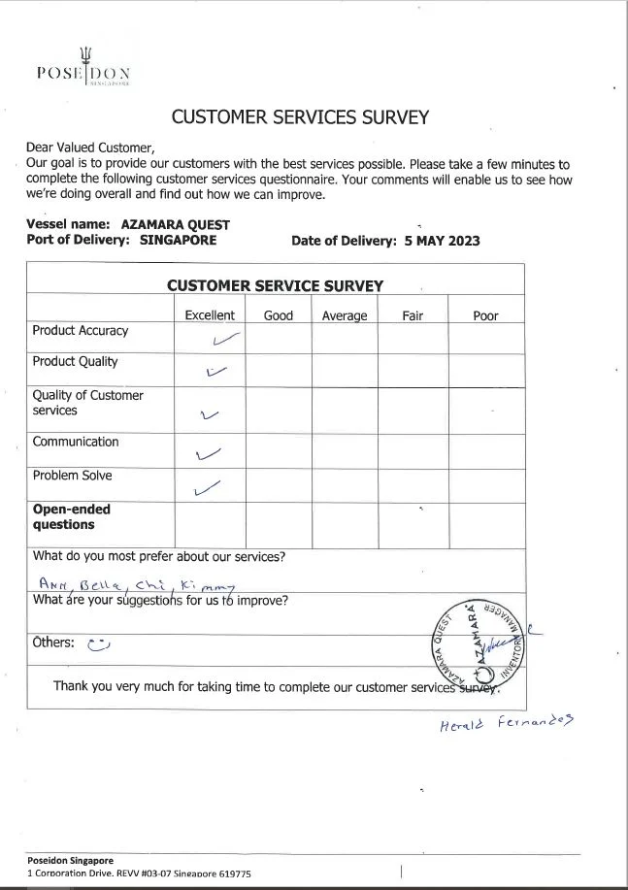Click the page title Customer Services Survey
click(300, 117)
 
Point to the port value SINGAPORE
click(179, 241)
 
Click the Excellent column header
click(210, 315)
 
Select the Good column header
click(279, 315)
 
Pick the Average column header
click(345, 315)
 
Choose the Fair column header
click(413, 315)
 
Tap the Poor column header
click(485, 315)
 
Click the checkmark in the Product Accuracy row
click(225, 339)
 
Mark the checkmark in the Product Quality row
click(216, 371)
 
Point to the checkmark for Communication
click(209, 452)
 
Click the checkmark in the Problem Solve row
click(208, 488)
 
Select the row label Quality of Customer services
click(87, 403)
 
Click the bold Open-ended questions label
click(71, 516)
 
